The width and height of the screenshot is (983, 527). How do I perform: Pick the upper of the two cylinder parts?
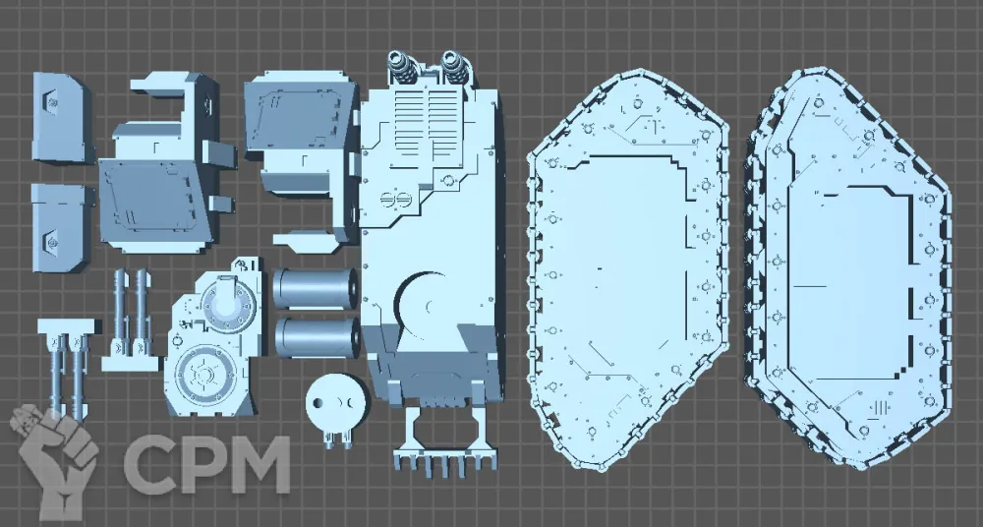tap(316, 289)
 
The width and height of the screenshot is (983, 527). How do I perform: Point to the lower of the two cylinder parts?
tap(317, 337)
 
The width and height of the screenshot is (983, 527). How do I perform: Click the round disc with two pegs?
tap(336, 406)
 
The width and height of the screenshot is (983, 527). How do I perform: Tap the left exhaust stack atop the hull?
tap(403, 67)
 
